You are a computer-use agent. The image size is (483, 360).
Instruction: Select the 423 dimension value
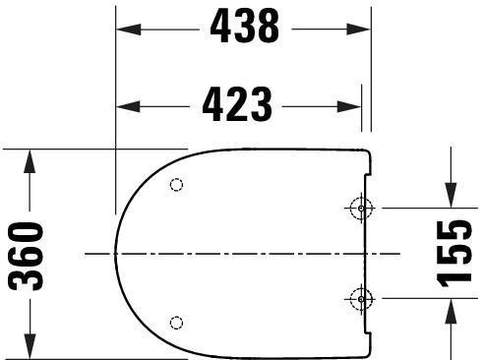pyautogui.click(x=237, y=104)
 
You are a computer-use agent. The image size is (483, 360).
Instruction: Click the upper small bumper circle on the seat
pyautogui.click(x=176, y=185)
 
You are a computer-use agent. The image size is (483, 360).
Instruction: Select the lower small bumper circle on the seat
pyautogui.click(x=176, y=322)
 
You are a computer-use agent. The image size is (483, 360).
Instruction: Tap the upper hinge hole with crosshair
pyautogui.click(x=361, y=209)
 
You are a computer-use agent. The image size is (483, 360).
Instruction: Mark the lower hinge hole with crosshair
pyautogui.click(x=361, y=298)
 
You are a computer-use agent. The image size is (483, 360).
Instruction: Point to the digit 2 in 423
pyautogui.click(x=237, y=104)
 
